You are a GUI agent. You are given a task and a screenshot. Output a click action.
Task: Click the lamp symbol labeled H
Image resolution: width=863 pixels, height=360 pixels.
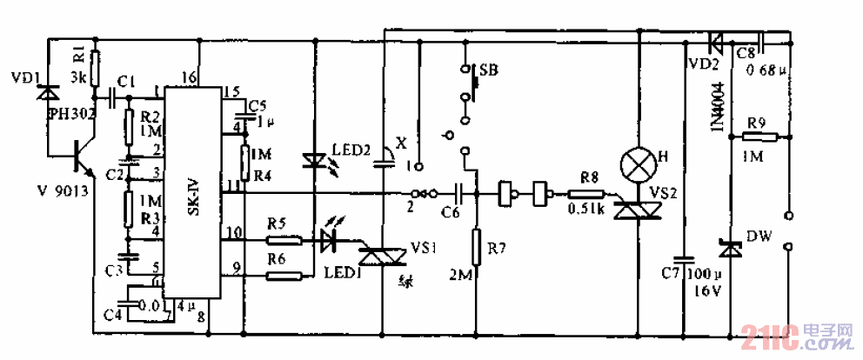pyautogui.click(x=638, y=163)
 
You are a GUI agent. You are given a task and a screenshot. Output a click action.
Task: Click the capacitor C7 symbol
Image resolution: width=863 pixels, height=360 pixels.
pyautogui.click(x=684, y=259)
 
